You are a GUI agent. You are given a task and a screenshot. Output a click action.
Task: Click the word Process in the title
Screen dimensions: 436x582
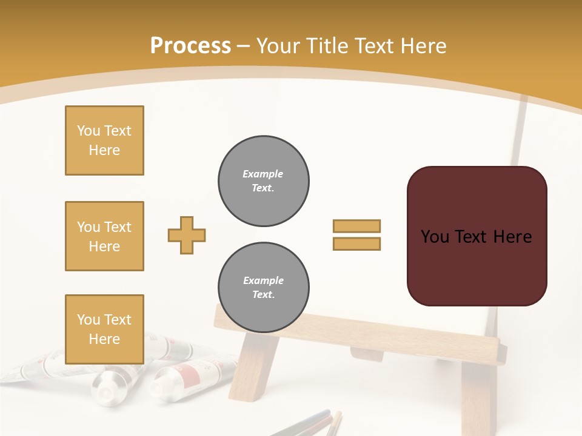pyautogui.click(x=190, y=46)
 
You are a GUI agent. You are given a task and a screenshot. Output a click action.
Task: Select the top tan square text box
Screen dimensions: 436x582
pyautogui.click(x=104, y=140)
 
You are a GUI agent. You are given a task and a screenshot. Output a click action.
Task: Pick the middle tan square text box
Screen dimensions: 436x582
pyautogui.click(x=104, y=236)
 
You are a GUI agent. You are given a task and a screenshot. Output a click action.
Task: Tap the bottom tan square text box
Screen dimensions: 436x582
pyautogui.click(x=104, y=329)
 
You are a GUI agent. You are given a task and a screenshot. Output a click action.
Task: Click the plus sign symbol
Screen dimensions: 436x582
pyautogui.click(x=187, y=235)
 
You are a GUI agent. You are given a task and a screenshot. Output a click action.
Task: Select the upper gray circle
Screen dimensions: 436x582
pyautogui.click(x=264, y=181)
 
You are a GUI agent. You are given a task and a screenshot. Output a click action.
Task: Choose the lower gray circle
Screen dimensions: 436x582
pyautogui.click(x=264, y=288)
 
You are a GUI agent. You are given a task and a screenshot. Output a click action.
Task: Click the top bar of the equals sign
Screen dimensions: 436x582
pyautogui.click(x=356, y=226)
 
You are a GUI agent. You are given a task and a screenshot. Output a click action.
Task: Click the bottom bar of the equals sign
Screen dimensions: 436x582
pyautogui.click(x=356, y=243)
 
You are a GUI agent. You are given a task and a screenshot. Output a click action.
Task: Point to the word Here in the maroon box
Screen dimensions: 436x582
pyautogui.click(x=512, y=237)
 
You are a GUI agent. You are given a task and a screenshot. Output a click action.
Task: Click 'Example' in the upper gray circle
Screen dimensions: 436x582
pyautogui.click(x=263, y=174)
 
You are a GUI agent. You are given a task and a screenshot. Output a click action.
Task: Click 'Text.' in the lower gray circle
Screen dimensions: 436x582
pyautogui.click(x=263, y=295)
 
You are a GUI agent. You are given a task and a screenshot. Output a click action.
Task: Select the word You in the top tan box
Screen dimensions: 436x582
pyautogui.click(x=89, y=131)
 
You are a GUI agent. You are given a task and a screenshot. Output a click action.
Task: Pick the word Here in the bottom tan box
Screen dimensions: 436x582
pyautogui.click(x=104, y=339)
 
